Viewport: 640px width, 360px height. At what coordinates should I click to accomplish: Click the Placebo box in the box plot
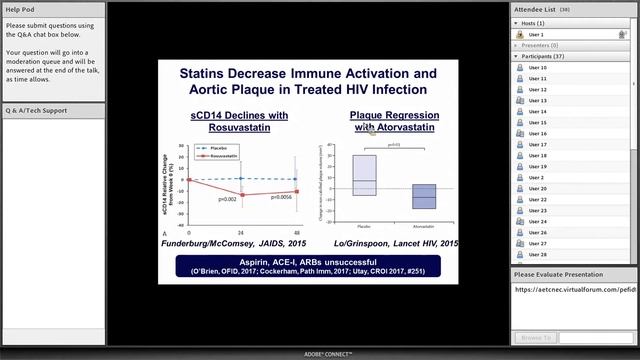(365, 176)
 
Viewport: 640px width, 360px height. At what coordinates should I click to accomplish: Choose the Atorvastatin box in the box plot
(424, 196)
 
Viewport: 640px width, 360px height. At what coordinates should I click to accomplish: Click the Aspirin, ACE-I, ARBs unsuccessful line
(308, 263)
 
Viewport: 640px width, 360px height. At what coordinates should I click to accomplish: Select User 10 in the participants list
(537, 68)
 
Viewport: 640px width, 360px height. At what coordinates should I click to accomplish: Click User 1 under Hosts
(536, 34)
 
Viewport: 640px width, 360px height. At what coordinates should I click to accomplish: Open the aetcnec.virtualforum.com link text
(574, 289)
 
